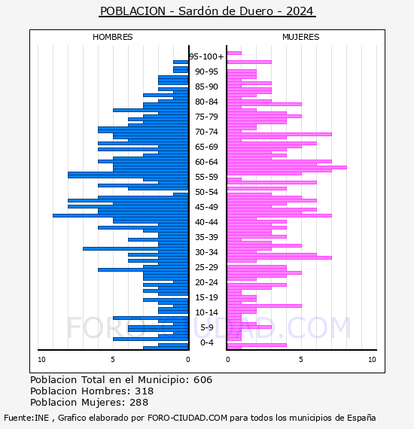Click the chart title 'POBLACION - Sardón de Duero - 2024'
[207, 11]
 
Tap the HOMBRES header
[112, 37]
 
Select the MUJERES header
[301, 37]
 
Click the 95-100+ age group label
[206, 56]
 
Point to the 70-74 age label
[206, 132]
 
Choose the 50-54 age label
[206, 192]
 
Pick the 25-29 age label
[206, 267]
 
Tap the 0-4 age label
[207, 342]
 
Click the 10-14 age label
[206, 312]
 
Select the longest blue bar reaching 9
[120, 215]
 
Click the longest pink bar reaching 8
[287, 167]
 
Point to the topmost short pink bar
[234, 53]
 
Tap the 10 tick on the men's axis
[41, 360]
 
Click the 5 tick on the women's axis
[301, 360]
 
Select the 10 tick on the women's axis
[372, 360]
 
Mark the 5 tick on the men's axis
[113, 360]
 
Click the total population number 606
[202, 380]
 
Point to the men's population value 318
[145, 391]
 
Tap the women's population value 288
[139, 403]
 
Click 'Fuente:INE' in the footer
[26, 418]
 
